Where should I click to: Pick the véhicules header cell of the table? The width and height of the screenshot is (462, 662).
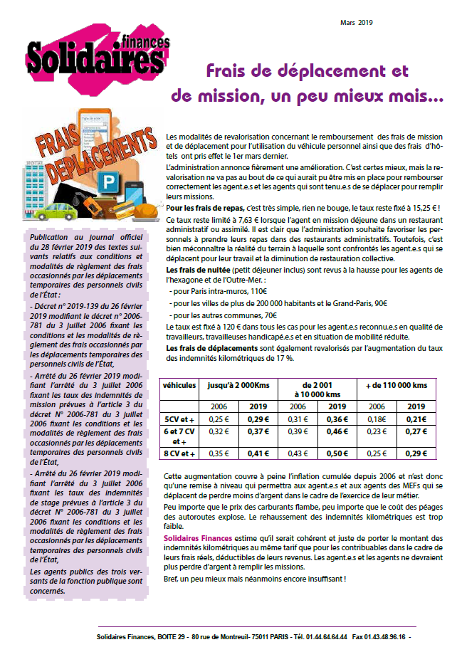[179, 385]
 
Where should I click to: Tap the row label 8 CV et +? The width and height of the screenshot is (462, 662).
[179, 453]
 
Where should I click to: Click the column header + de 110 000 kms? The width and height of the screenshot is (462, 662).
[396, 385]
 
